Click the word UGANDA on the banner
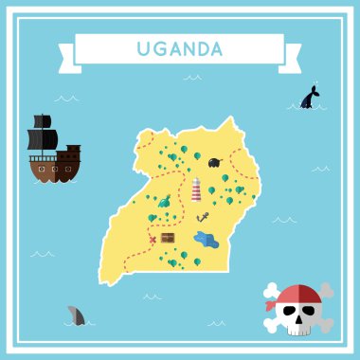click(x=179, y=48)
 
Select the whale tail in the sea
click(x=309, y=97)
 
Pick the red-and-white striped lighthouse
click(x=197, y=189)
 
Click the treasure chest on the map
click(x=168, y=239)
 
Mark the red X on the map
click(x=153, y=240)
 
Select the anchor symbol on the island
click(x=203, y=218)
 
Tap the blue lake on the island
click(x=207, y=241)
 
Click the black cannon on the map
click(x=216, y=162)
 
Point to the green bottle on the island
click(x=165, y=201)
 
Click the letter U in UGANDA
click(x=142, y=48)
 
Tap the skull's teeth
click(x=301, y=330)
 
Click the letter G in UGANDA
click(x=157, y=48)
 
